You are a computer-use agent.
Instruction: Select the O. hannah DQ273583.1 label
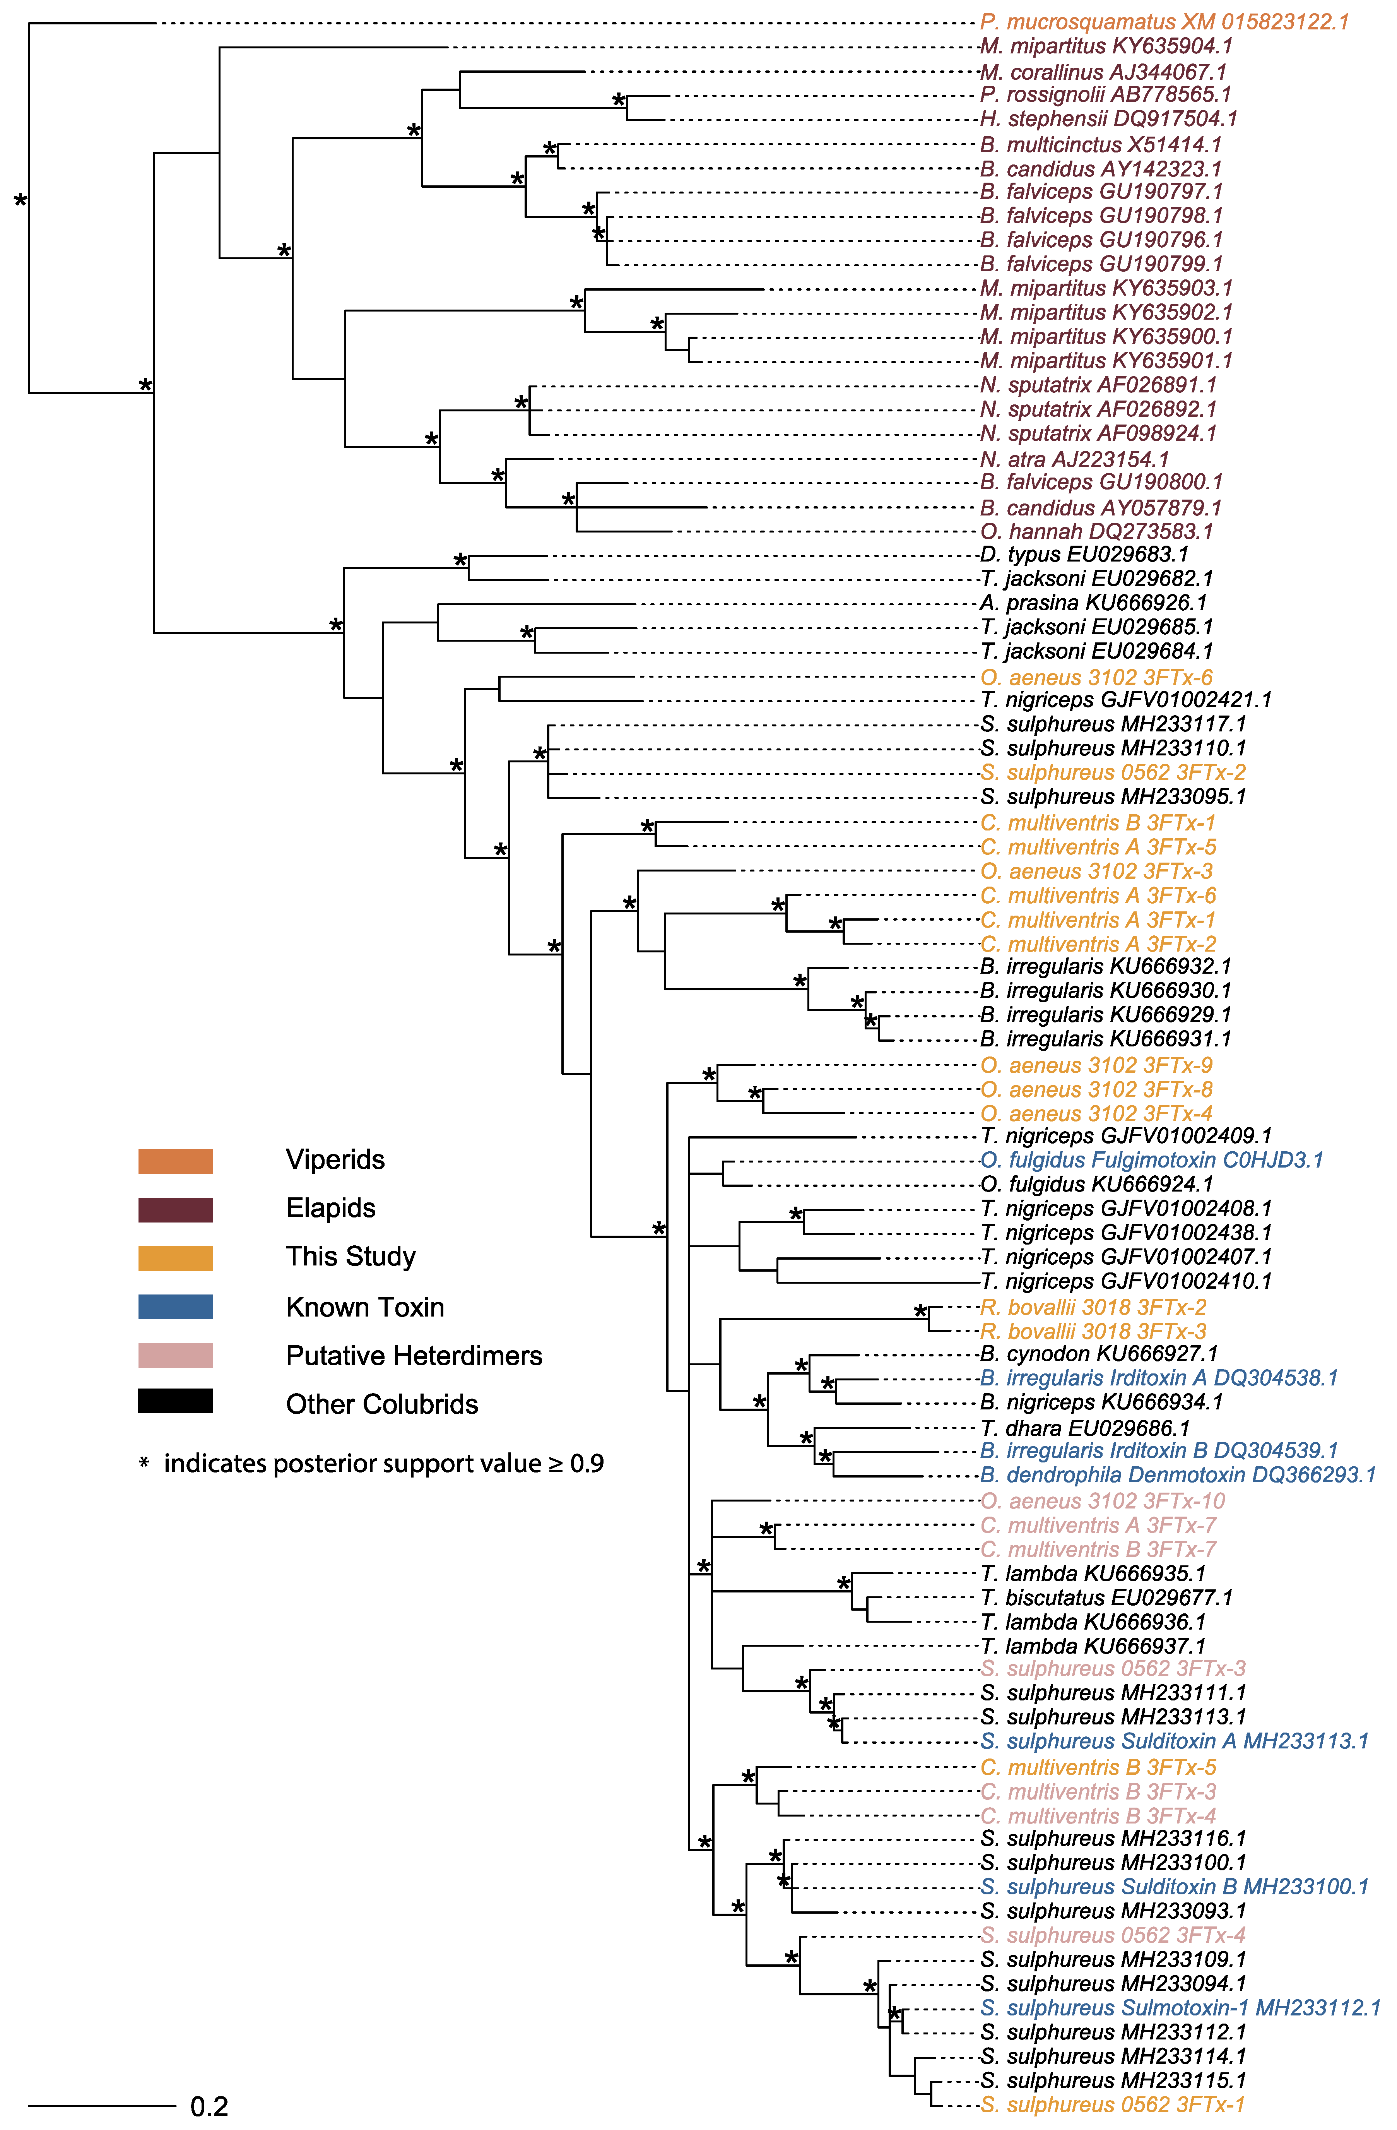[x=1096, y=532]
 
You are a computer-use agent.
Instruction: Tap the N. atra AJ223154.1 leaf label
[x=1074, y=459]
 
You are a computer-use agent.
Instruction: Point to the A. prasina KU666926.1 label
[x=1094, y=603]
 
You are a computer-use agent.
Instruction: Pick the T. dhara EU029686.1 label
[x=1085, y=1428]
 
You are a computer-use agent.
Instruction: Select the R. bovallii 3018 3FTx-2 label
[x=1094, y=1308]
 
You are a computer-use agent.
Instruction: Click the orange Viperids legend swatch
[x=175, y=1161]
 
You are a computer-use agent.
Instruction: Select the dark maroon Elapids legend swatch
[x=175, y=1209]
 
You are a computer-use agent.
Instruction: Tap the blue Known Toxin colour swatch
[x=175, y=1306]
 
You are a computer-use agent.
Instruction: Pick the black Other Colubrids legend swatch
[x=175, y=1402]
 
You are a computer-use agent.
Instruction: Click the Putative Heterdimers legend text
[x=414, y=1356]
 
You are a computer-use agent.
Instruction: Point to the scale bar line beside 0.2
[x=102, y=2105]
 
